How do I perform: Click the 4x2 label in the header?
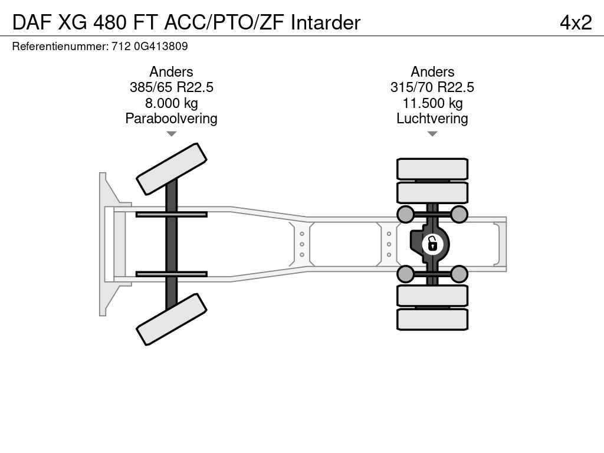tap(576, 23)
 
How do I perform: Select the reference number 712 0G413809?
tap(149, 47)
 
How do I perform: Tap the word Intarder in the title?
tap(326, 22)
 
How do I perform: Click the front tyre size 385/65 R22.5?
tap(172, 87)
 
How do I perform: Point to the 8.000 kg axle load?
tap(172, 103)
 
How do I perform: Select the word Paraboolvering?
tap(172, 119)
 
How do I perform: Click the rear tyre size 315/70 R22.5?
tap(432, 87)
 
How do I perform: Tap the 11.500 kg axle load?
tap(432, 103)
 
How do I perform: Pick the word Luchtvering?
tap(432, 119)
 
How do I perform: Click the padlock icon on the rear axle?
tap(432, 244)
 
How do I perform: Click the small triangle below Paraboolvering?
tap(172, 134)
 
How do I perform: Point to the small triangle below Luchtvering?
tap(432, 134)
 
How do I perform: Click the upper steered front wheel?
tap(172, 169)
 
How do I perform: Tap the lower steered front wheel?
tap(172, 319)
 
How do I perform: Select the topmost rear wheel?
tap(432, 169)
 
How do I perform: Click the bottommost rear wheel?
tap(432, 319)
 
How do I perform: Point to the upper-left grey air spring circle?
tap(406, 214)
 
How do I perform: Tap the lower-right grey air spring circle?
tap(459, 274)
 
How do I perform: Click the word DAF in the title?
tap(32, 22)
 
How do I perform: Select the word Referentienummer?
tap(61, 47)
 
